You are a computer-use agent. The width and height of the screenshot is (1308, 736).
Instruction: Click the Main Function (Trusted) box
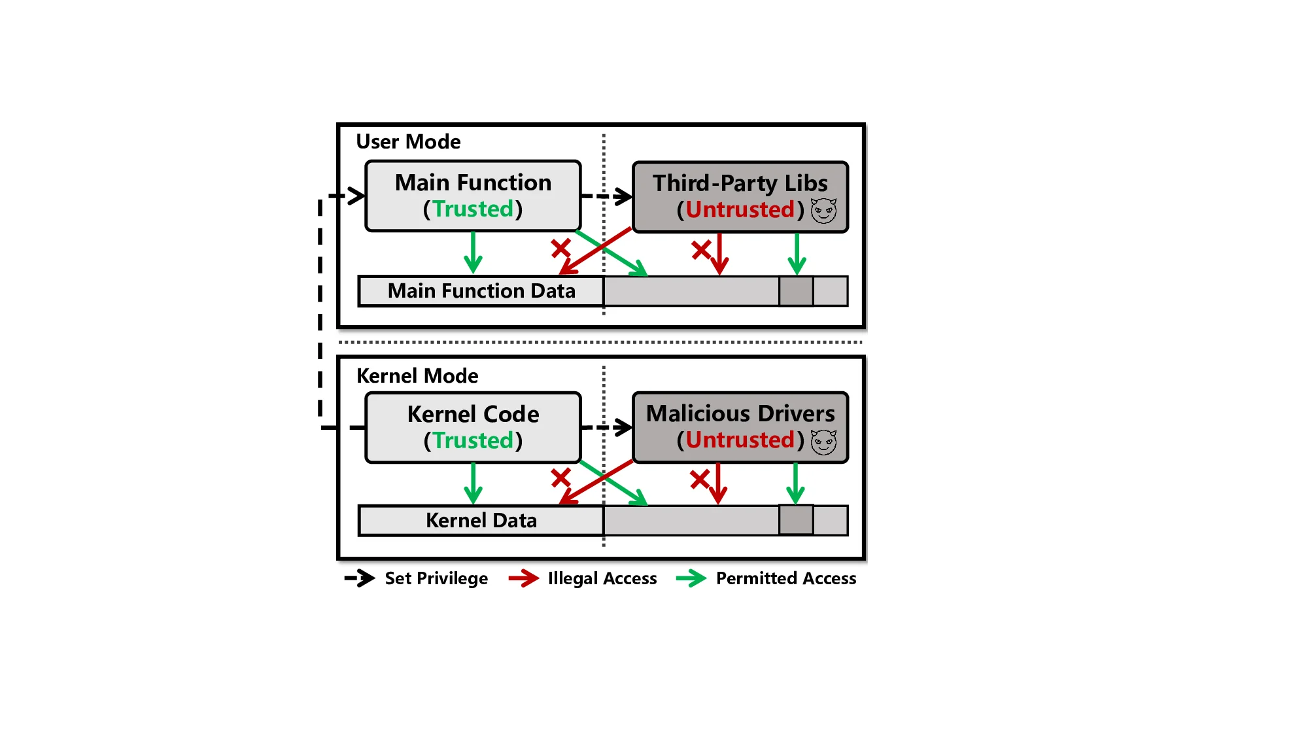coord(473,196)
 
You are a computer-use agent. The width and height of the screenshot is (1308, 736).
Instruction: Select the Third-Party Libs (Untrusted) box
coord(740,196)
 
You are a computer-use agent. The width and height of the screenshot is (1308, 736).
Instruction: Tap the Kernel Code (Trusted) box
coord(473,427)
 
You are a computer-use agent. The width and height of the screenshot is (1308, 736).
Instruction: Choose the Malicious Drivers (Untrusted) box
coord(740,427)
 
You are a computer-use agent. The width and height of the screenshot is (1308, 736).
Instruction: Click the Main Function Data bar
coord(481,291)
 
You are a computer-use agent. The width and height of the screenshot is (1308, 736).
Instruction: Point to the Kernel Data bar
coord(481,521)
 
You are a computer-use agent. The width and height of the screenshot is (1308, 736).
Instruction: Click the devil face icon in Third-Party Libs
coord(823,211)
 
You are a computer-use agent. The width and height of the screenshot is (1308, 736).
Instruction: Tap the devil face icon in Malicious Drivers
coord(823,442)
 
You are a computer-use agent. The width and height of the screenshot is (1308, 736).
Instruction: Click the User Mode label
coord(408,142)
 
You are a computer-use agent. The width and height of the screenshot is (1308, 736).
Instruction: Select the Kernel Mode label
coord(417,376)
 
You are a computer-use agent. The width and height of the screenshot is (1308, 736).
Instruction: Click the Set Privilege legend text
coord(436,578)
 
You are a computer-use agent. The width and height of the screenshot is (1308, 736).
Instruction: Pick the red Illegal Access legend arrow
coord(524,578)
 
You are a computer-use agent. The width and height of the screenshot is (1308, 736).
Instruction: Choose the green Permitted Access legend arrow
coord(691,578)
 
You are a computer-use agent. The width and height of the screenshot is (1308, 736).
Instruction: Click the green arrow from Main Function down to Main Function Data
coord(473,252)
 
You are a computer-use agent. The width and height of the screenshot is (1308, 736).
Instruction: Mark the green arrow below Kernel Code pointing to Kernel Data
coord(473,483)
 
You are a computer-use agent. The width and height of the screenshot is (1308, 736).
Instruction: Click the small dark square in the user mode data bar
coord(796,291)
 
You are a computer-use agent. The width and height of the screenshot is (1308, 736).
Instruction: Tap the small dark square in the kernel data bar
coord(796,521)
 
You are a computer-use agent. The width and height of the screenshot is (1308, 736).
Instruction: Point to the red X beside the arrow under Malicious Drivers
coord(699,480)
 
